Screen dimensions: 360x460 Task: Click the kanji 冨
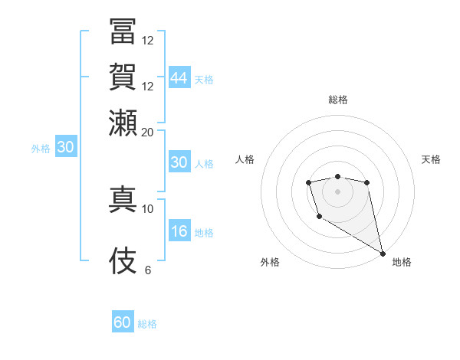(x=123, y=31)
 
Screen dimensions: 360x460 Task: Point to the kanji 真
(x=123, y=198)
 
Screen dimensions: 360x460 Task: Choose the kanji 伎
(x=123, y=260)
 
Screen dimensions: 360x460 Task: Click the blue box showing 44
(x=179, y=78)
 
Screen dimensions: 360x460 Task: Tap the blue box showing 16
(x=179, y=232)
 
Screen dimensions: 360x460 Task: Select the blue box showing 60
(x=123, y=323)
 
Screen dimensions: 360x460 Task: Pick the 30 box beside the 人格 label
(x=179, y=162)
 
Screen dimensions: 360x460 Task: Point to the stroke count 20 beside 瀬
(x=148, y=132)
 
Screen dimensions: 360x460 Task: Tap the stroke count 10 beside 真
(x=148, y=208)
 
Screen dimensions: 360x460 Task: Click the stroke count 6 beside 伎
(x=148, y=270)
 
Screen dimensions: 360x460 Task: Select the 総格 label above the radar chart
(x=338, y=100)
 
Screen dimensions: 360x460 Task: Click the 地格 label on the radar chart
(x=402, y=262)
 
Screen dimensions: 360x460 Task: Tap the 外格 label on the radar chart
(x=270, y=262)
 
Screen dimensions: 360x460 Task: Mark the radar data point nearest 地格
(x=383, y=254)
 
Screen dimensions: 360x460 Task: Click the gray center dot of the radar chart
(x=337, y=190)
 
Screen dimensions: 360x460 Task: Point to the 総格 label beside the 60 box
(x=147, y=324)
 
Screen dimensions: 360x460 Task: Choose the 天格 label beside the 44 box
(x=204, y=79)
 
